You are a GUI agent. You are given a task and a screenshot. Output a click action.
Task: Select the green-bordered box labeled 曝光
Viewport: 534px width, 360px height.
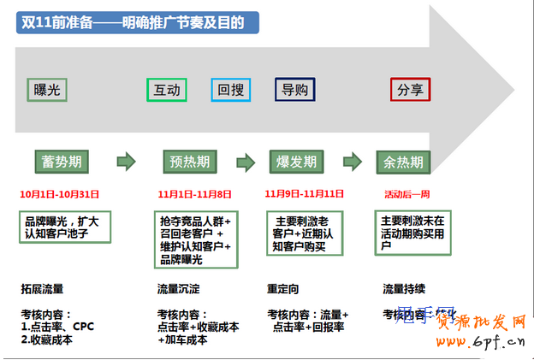tap(47, 89)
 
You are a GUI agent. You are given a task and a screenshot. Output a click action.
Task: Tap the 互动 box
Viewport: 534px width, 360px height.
tap(167, 89)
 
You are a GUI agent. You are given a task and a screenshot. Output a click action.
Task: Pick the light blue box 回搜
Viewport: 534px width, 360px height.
tap(230, 89)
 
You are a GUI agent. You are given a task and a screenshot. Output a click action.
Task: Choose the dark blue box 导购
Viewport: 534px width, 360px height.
tap(295, 89)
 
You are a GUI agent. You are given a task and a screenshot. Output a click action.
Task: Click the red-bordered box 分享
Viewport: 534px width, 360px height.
tap(410, 89)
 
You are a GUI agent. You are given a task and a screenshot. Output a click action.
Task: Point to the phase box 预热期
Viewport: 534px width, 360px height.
tap(189, 162)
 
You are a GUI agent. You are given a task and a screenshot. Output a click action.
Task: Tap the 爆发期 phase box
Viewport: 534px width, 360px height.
tap(296, 162)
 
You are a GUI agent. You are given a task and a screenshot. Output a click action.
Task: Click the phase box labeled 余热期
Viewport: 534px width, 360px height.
tap(404, 162)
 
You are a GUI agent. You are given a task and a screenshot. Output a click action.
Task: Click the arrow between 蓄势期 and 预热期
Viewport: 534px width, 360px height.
tap(126, 161)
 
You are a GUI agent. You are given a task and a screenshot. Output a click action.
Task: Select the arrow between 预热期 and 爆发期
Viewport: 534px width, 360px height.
tap(246, 162)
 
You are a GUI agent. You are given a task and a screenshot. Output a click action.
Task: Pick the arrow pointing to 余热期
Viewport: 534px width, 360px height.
tap(352, 162)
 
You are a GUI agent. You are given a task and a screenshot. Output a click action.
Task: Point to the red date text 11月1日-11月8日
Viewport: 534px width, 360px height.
tap(194, 194)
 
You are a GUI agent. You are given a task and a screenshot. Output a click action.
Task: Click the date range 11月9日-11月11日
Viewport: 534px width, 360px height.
tap(305, 194)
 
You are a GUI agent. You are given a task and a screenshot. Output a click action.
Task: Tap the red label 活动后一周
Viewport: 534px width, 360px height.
tap(407, 194)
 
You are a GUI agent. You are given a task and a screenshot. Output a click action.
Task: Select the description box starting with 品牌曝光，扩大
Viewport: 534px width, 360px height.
tap(67, 227)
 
